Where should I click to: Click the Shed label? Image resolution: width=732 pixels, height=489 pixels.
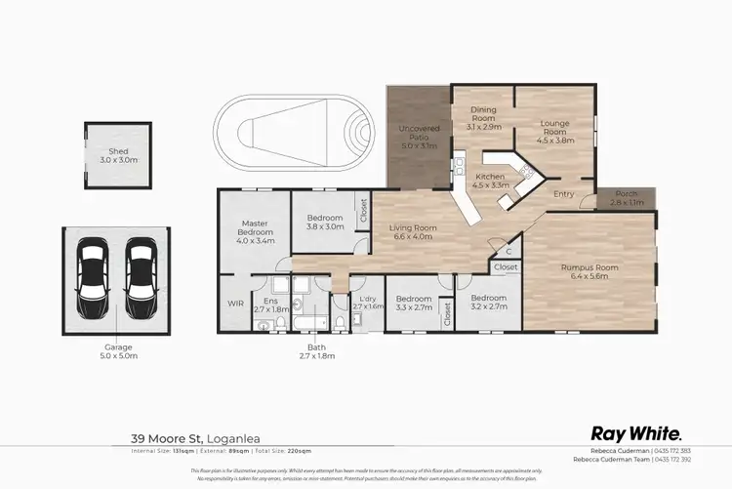pos(118,152)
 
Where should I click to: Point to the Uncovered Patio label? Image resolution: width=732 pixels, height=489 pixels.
pos(418,133)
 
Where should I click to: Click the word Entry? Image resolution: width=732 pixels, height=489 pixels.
pos(564,194)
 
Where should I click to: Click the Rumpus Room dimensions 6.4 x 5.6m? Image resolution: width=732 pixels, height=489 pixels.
pos(585,276)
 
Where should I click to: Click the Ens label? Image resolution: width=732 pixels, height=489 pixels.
pos(259,301)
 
